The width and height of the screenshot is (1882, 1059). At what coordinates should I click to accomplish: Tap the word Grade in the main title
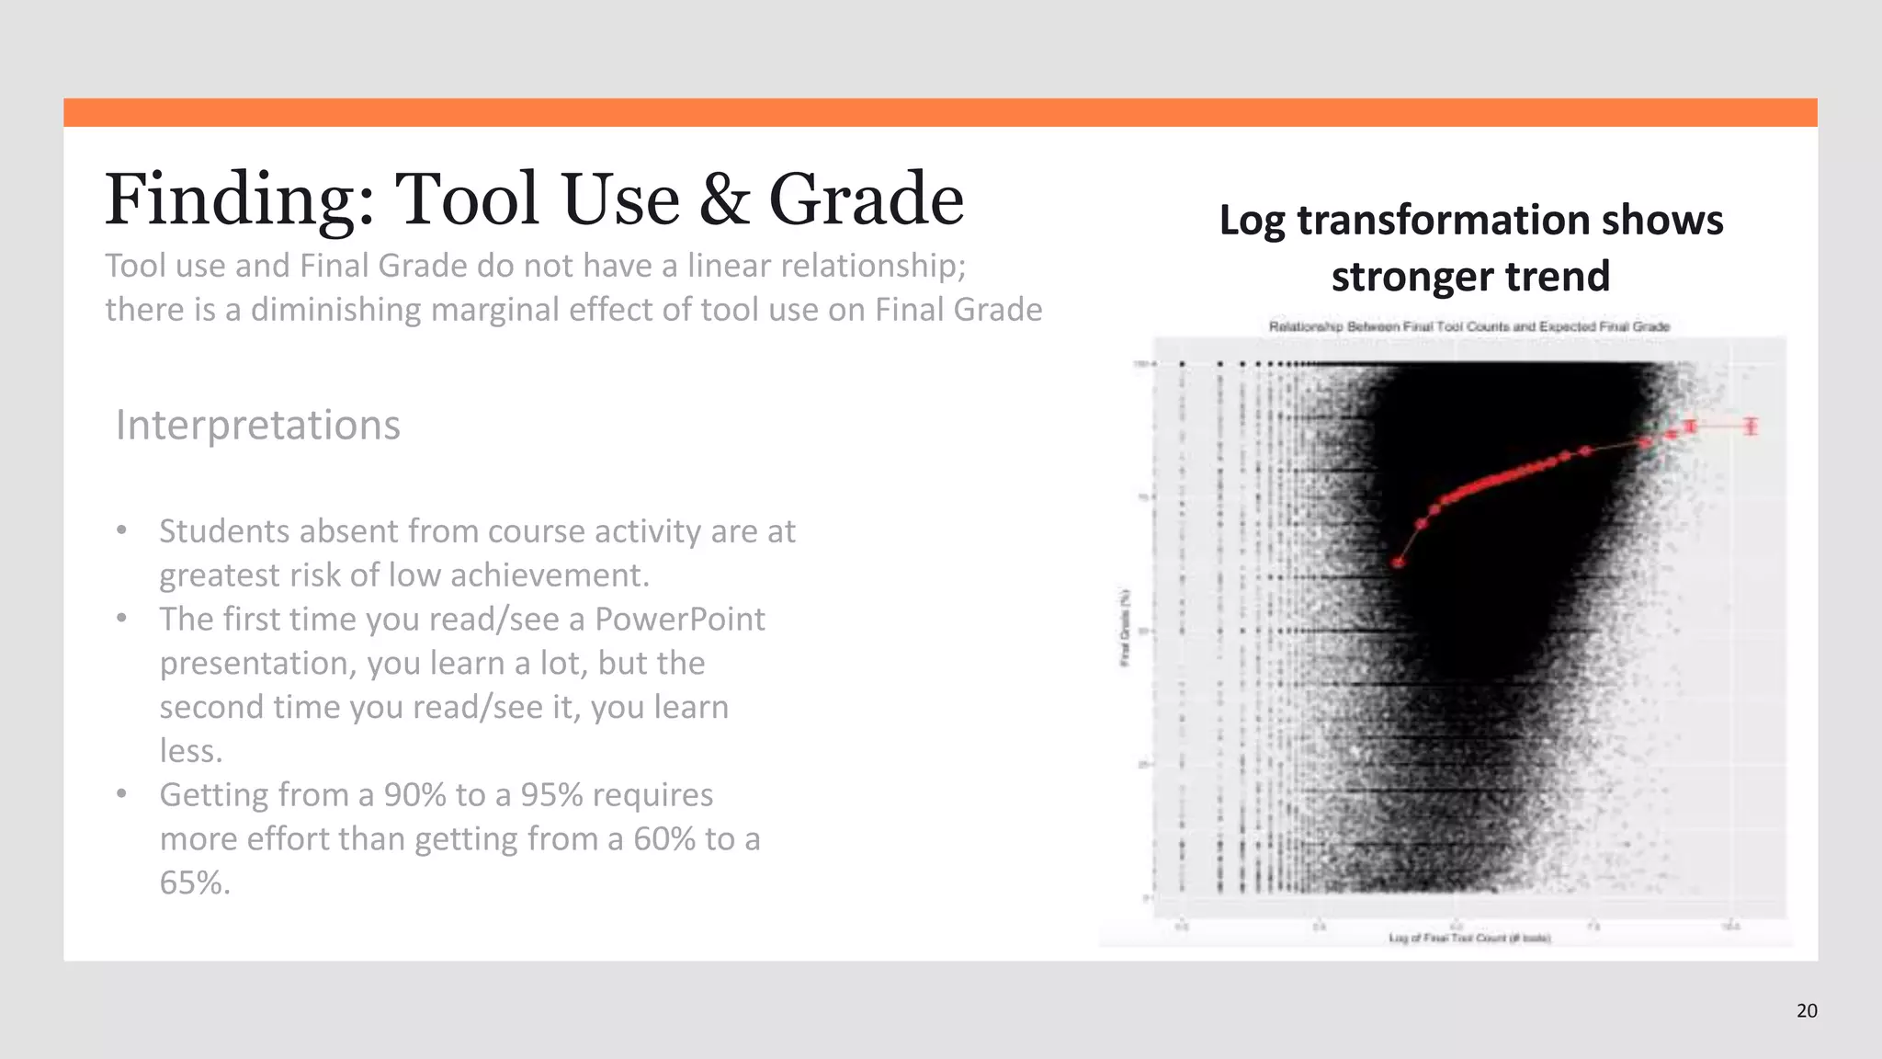point(866,199)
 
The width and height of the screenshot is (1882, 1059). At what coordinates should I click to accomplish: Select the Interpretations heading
point(257,425)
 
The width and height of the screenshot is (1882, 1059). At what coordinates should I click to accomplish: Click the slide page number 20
point(1806,1011)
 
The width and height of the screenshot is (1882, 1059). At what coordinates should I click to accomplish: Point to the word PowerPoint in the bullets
point(679,620)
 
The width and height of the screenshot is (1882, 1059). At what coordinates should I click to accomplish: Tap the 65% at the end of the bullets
point(193,883)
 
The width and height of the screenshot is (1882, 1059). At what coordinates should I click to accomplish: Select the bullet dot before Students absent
point(121,531)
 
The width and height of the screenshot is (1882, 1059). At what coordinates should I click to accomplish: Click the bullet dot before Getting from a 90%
point(121,794)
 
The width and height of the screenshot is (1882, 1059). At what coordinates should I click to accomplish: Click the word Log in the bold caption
point(1252,221)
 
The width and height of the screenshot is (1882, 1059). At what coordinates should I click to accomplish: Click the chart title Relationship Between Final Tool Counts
point(1468,326)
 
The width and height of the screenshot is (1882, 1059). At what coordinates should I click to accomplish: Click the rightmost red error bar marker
point(1751,426)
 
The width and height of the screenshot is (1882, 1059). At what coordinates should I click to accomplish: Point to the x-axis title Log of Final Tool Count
point(1469,939)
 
